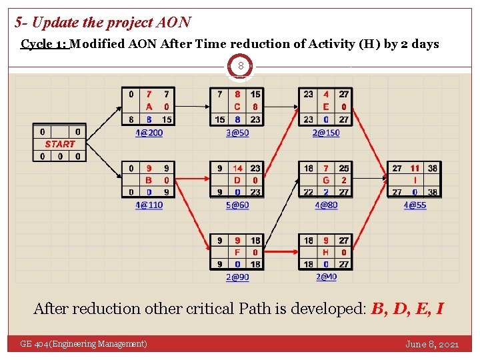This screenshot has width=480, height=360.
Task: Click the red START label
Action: (x=60, y=144)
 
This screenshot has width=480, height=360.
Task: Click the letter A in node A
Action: (x=149, y=107)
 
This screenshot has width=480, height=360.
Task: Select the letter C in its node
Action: (x=238, y=107)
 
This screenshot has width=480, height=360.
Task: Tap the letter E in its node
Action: (x=326, y=107)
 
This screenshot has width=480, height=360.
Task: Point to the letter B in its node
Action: (x=149, y=180)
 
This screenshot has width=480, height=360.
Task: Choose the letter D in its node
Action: (x=238, y=180)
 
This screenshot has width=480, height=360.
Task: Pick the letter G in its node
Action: (x=326, y=180)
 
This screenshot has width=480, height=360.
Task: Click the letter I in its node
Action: (x=415, y=180)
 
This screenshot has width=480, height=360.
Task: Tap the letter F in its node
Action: (x=238, y=252)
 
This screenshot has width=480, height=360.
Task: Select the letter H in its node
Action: (x=326, y=252)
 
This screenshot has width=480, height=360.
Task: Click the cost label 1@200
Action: (x=149, y=133)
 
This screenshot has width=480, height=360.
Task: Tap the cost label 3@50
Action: (x=237, y=133)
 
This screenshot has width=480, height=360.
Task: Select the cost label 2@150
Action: (x=326, y=133)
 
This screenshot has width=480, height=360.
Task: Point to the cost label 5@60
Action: (x=237, y=205)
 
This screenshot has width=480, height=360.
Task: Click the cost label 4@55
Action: (x=415, y=205)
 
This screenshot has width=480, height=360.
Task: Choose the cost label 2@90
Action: (x=237, y=277)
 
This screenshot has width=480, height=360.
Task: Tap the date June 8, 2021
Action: (x=432, y=344)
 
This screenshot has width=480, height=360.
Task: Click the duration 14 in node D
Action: (x=238, y=168)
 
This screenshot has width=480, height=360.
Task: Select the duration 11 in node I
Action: (x=415, y=168)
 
